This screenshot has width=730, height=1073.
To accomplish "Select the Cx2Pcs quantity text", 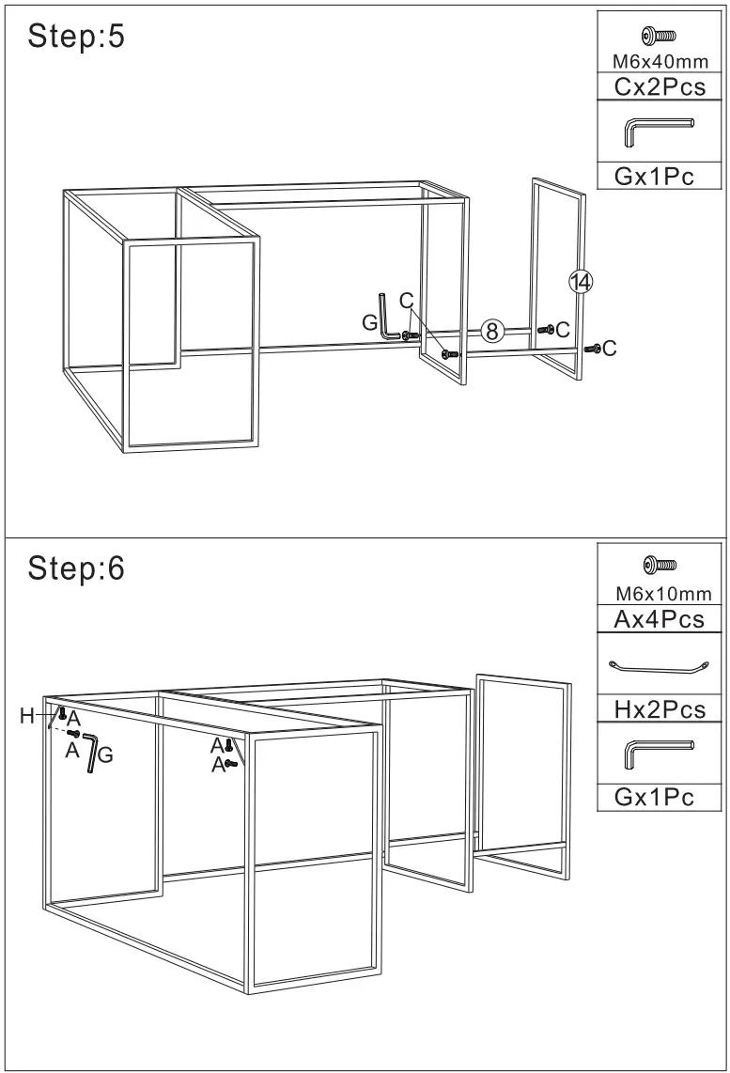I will pos(660,87).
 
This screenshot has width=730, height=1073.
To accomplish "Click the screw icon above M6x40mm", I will pos(660,37).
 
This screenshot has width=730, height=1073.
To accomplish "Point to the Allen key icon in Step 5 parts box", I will pos(660,132).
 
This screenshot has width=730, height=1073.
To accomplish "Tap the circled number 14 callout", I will pos(581,281).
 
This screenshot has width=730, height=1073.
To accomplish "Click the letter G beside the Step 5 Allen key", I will pos(370,322).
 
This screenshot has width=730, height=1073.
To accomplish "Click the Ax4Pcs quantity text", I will pos(660,619).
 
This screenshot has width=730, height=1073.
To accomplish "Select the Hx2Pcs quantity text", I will pos(660,709).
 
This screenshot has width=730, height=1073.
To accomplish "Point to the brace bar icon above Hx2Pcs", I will pos(660,667).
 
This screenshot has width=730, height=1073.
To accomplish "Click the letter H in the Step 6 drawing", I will pos(27,717).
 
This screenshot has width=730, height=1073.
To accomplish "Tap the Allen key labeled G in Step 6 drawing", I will pos(90,753).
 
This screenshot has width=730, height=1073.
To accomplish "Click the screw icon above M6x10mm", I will pos(660,566).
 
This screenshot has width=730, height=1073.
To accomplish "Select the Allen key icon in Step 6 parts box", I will pos(660,753).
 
